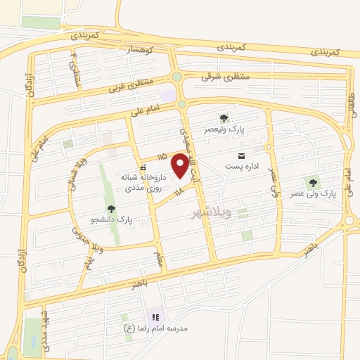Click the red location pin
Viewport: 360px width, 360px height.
tap(181, 166)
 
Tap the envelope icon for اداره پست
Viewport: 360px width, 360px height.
tap(242, 155)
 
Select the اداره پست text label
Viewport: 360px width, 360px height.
tap(238, 167)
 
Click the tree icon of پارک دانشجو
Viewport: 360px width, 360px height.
tap(111, 209)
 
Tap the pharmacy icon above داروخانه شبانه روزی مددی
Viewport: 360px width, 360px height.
tap(143, 167)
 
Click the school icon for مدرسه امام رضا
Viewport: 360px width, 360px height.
tap(155, 317)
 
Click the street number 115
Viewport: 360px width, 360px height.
tap(162, 156)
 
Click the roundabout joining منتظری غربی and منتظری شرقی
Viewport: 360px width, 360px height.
tap(176, 77)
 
